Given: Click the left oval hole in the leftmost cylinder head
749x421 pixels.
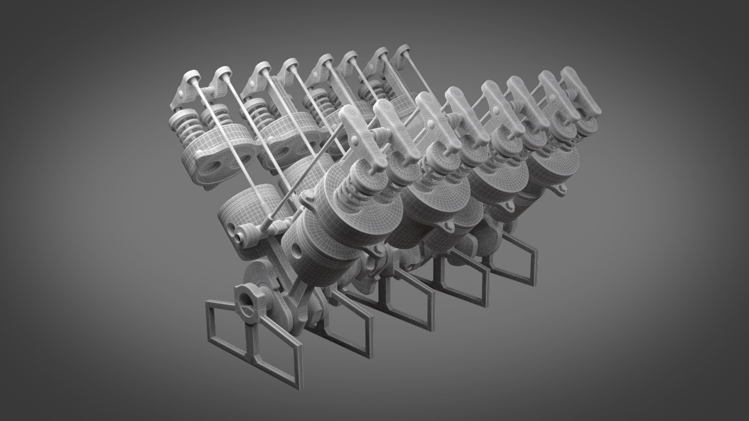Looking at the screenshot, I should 206,159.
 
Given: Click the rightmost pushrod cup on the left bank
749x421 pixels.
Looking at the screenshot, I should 403,50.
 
